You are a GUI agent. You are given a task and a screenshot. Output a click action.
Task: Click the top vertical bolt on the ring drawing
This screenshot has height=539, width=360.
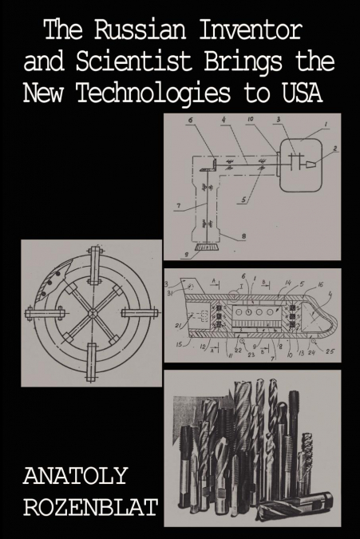click(93, 263)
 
